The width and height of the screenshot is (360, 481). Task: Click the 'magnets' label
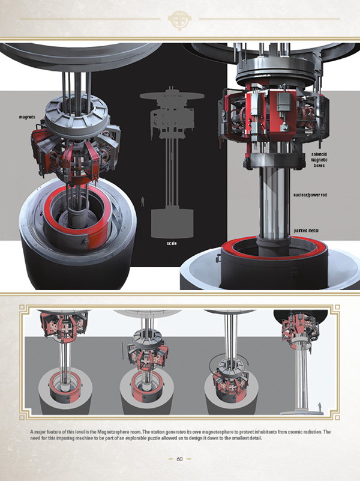point(27,117)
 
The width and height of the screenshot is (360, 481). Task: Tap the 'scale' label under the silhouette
point(172,243)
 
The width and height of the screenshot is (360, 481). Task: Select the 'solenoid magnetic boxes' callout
point(319,160)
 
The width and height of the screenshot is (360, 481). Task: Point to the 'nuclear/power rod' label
point(310,195)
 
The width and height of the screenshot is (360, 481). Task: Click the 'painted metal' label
point(306,231)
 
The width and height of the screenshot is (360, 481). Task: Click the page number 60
point(179,459)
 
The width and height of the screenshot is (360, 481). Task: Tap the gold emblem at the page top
point(180,20)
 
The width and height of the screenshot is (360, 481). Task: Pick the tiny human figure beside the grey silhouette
point(142,202)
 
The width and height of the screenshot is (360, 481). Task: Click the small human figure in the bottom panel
point(320,408)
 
